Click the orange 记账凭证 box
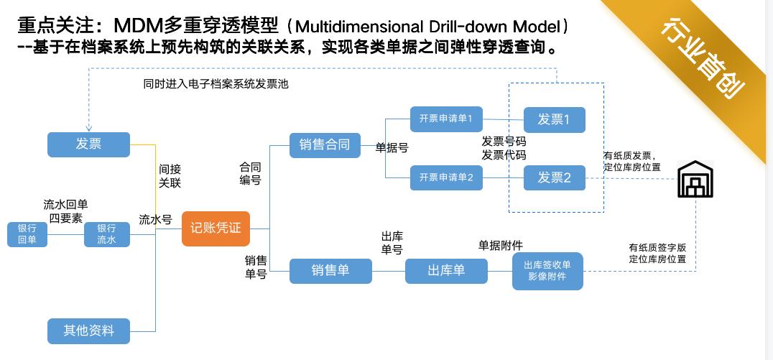pos(216,229)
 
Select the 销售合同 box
pos(325,145)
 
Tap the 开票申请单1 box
pos(446,119)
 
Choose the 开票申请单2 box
pos(446,178)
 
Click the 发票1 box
pos(554,120)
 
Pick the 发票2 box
pos(554,178)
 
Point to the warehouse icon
pos(695,179)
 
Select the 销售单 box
pos(330,271)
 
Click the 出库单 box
pos(446,271)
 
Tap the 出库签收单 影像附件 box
pos(547,271)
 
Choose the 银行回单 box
pos(27,235)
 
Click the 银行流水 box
pos(107,235)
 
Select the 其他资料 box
pos(89,331)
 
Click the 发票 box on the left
pos(89,144)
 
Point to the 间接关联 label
pos(170,176)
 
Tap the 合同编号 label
pos(251,174)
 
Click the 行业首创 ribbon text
pos(703,58)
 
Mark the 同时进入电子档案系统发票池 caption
pos(216,84)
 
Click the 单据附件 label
pos(501,245)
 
